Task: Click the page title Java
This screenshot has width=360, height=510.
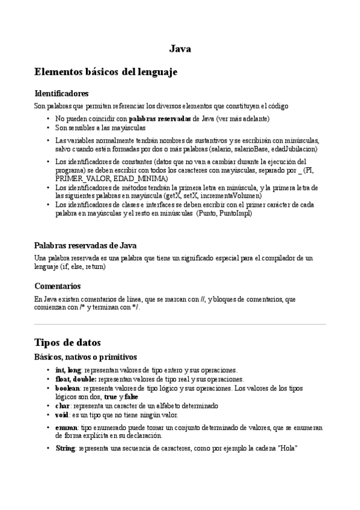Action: [x=180, y=49]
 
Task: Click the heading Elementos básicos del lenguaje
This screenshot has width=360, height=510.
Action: [x=106, y=72]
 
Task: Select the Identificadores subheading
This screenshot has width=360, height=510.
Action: [x=62, y=94]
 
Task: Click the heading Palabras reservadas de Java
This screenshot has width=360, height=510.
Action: [x=85, y=245]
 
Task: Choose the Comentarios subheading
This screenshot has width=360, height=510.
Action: [x=58, y=286]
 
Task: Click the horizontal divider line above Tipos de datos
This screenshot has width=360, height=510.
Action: [x=180, y=324]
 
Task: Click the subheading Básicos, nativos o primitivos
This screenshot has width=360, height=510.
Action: [x=85, y=357]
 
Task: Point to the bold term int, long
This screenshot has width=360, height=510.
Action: [x=68, y=370]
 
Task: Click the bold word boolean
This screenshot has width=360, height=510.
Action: [x=67, y=389]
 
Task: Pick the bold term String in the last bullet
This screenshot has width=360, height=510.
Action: [x=65, y=449]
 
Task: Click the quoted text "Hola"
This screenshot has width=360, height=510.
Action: [x=287, y=449]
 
